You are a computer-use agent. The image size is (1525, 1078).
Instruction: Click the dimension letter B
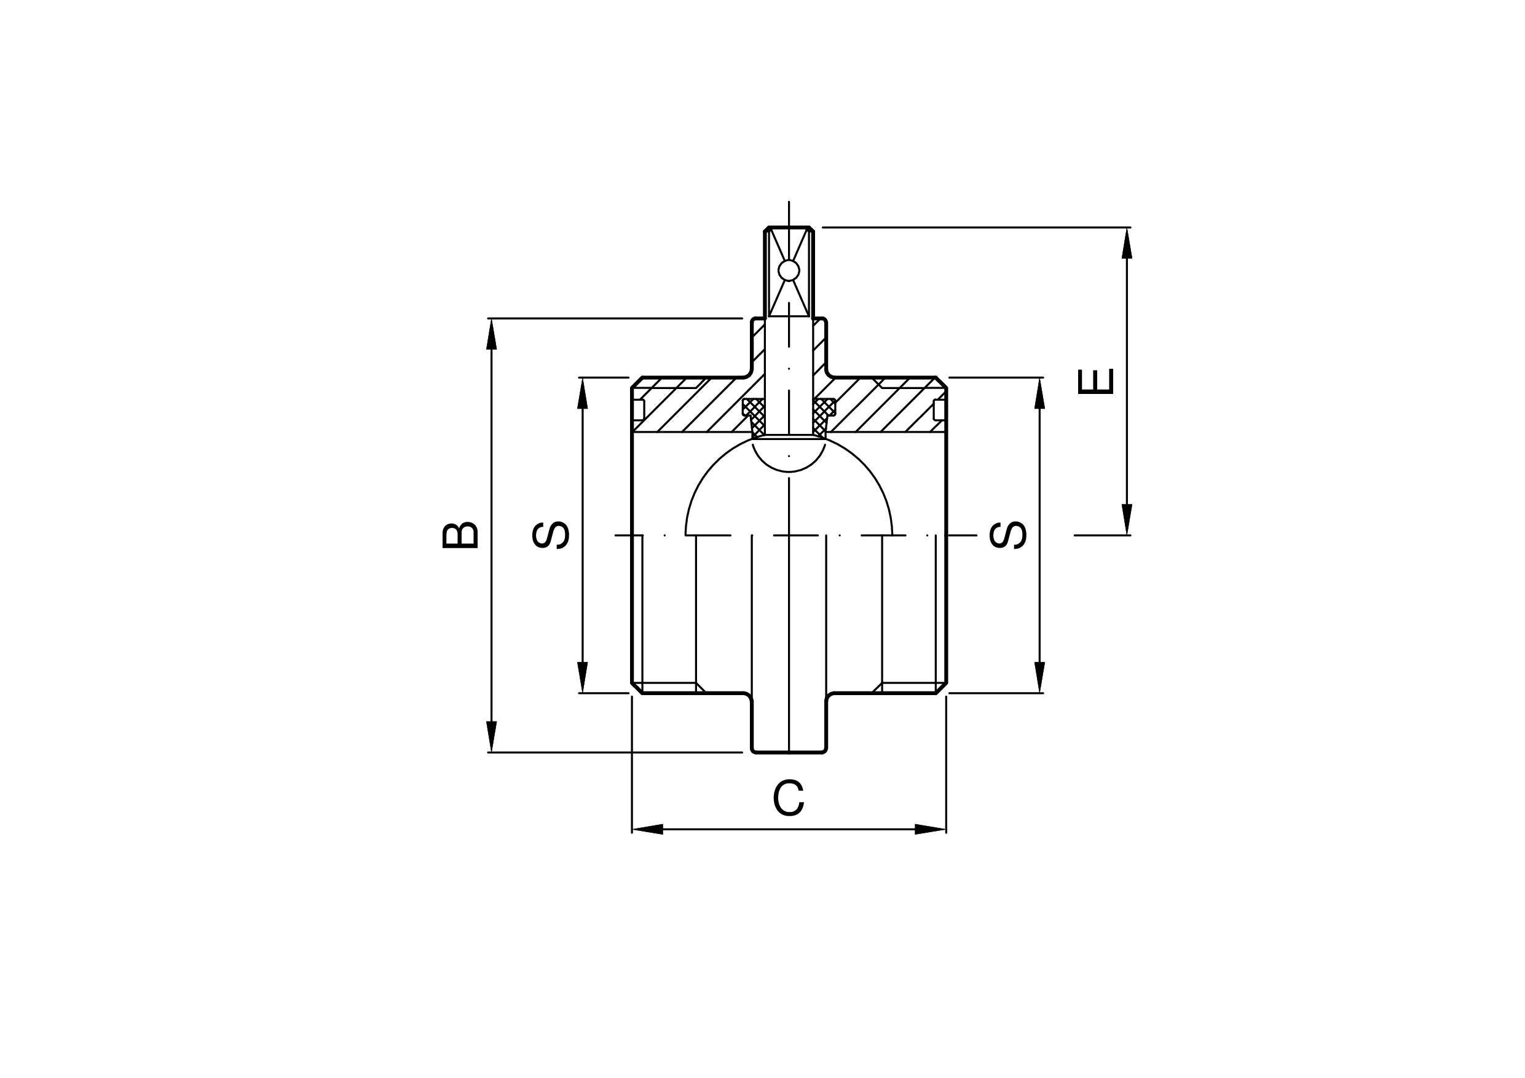click(460, 535)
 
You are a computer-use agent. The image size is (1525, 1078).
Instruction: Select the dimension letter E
click(1095, 381)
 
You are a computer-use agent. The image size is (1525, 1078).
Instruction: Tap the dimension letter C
click(789, 798)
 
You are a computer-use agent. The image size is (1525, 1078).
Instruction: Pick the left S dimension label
click(551, 535)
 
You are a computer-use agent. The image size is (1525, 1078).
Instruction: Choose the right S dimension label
click(1008, 535)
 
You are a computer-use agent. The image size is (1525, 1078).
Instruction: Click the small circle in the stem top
click(789, 270)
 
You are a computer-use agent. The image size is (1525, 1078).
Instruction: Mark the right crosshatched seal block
click(824, 417)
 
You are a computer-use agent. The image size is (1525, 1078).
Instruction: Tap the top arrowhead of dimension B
click(492, 334)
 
